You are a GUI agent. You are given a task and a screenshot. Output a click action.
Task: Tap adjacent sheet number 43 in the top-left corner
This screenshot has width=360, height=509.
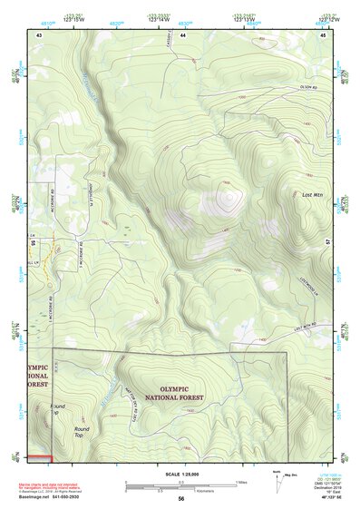point(39,34)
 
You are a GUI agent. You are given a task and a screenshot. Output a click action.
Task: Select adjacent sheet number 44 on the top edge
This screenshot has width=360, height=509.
point(182,34)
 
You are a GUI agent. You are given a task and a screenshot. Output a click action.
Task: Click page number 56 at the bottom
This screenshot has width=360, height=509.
point(181,498)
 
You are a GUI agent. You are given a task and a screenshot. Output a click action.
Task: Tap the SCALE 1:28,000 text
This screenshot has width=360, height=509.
point(180,474)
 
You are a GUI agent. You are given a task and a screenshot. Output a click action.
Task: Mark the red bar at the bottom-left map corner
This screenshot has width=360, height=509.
point(39,456)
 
